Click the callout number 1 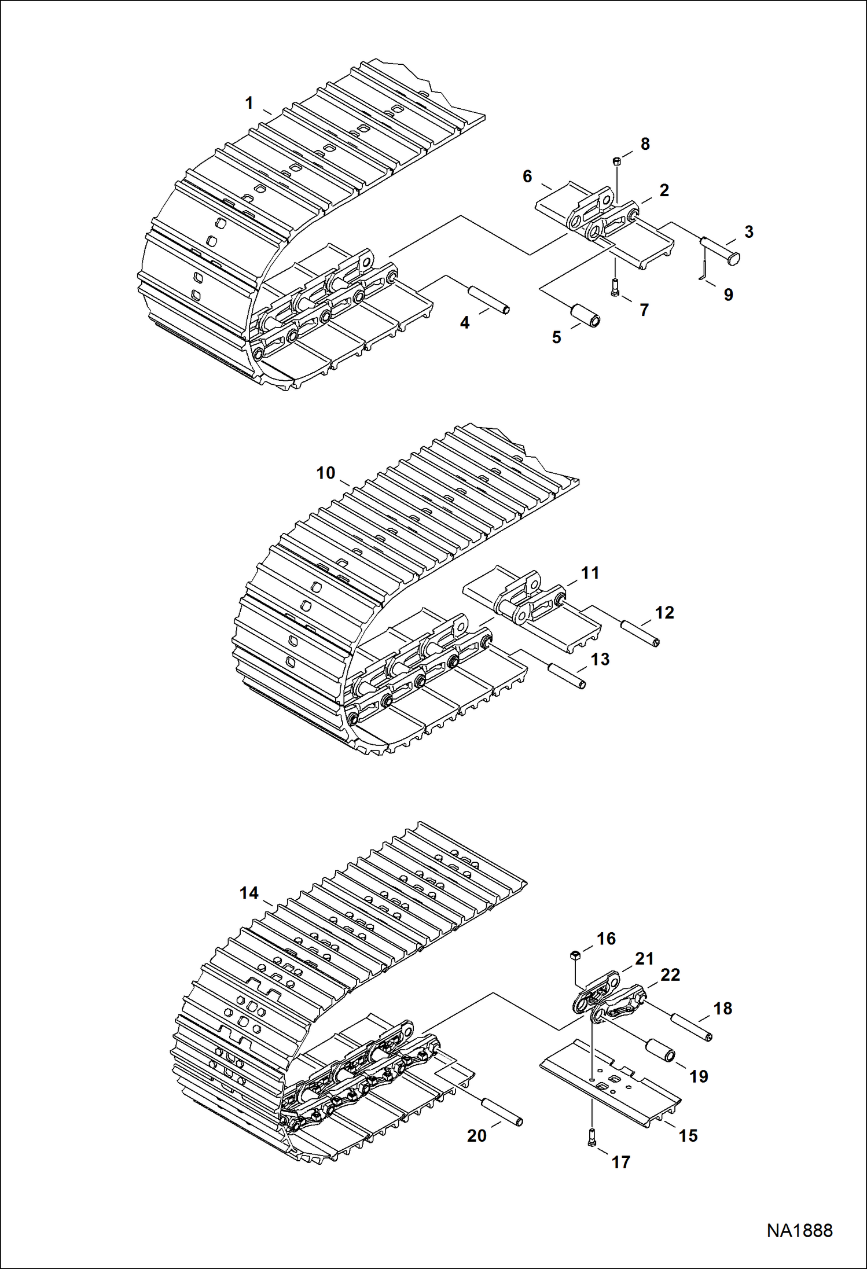coord(249,103)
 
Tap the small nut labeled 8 coord(617,161)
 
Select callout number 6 coord(527,176)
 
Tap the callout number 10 coord(325,473)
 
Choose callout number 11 coord(590,573)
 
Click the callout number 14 coord(249,893)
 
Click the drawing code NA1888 coord(799,1230)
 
